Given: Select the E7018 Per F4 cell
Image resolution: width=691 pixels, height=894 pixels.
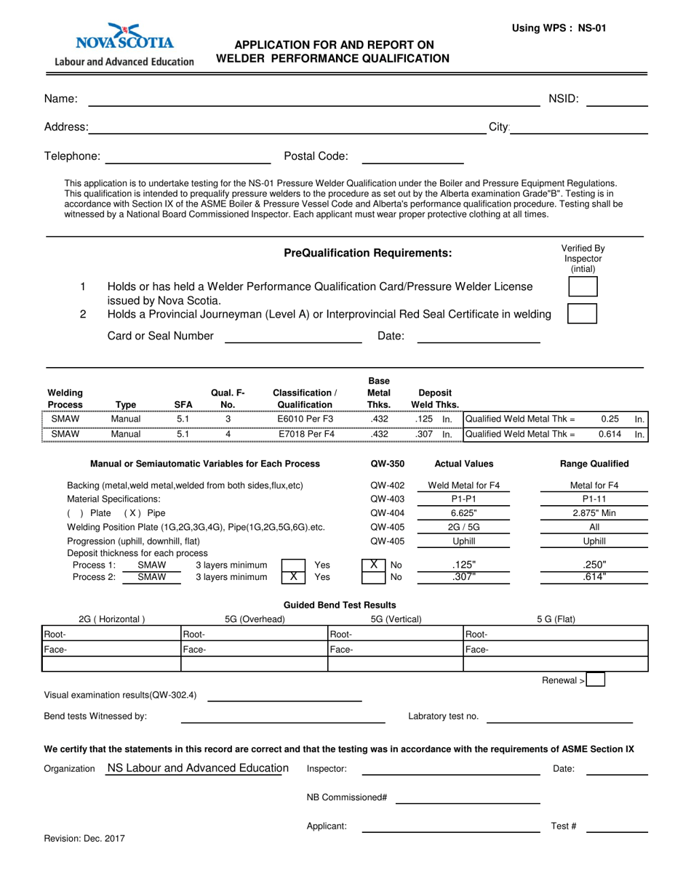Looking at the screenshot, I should coord(306,434).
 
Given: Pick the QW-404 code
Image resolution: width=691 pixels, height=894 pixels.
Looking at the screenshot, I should coord(387,512).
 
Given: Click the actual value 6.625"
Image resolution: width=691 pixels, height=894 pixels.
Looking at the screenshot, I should coord(463,512).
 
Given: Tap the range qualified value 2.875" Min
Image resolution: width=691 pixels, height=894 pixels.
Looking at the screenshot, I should coord(594,512).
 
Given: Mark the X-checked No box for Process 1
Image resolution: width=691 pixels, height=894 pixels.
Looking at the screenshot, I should coord(373,564).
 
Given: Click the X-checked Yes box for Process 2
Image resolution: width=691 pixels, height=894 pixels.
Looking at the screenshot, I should coord(293,577).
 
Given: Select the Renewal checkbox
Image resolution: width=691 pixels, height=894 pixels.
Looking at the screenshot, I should coord(595,680).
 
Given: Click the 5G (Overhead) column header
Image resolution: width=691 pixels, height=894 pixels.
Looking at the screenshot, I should coord(255,619).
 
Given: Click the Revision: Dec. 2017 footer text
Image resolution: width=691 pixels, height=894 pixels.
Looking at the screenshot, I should coord(84,838).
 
